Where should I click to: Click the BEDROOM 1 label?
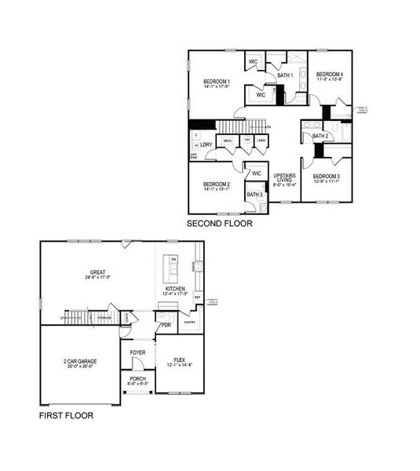[216, 82]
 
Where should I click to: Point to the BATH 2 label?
[320, 137]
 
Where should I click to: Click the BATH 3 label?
[254, 195]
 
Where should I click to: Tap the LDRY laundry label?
[206, 144]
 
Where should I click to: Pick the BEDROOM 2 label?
[215, 184]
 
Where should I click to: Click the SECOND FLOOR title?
[219, 224]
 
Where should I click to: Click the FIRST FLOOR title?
[67, 415]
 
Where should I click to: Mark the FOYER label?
[138, 352]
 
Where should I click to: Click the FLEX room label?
[181, 360]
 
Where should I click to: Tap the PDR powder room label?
[166, 324]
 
